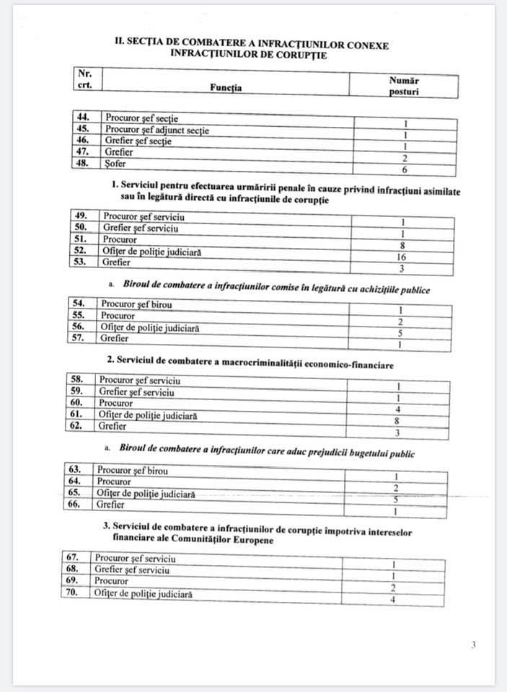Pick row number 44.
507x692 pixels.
pyautogui.click(x=85, y=116)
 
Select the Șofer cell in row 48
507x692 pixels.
pyautogui.click(x=118, y=164)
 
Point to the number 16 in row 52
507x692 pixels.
pyautogui.click(x=402, y=257)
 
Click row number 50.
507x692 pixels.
pyautogui.click(x=84, y=229)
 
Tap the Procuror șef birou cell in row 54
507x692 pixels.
pyautogui.click(x=136, y=304)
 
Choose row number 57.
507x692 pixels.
pyautogui.click(x=81, y=338)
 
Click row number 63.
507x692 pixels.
pyautogui.click(x=76, y=470)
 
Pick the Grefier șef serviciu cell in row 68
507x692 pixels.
pyautogui.click(x=132, y=569)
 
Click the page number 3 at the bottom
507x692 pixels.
pyautogui.click(x=473, y=645)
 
